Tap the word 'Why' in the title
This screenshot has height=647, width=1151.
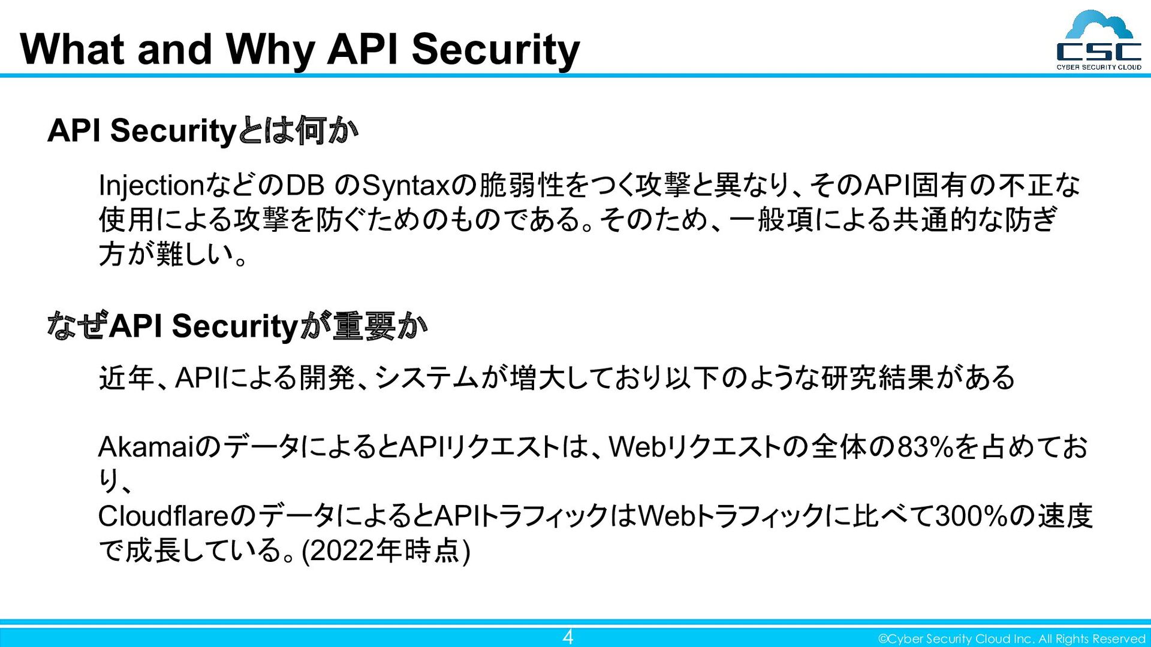[270, 49]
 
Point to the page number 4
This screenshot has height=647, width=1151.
[567, 636]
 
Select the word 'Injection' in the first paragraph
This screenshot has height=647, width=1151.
[152, 186]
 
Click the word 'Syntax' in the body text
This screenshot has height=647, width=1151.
[406, 186]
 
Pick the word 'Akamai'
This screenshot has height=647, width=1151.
[146, 447]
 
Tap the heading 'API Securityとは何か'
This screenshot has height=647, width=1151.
[203, 131]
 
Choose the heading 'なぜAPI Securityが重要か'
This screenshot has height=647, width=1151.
[237, 326]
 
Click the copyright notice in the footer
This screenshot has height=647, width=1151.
[1011, 639]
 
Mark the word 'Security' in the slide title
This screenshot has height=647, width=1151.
[496, 49]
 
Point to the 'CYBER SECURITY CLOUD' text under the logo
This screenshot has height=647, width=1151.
[1098, 67]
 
